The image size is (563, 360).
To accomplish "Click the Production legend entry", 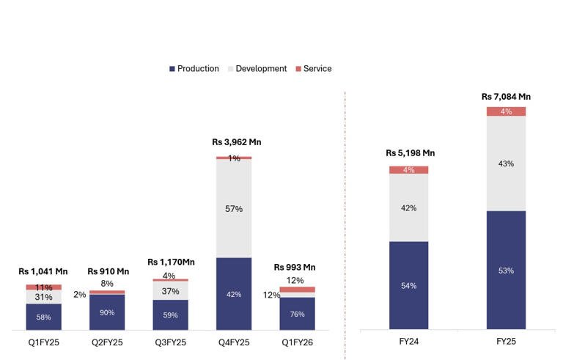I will point(194,69).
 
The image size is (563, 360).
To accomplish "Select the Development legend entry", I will point(257,69).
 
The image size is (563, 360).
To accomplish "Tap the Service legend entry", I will point(313,69).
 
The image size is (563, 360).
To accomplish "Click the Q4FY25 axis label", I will point(234,342).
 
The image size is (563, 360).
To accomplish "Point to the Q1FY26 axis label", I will point(297,342).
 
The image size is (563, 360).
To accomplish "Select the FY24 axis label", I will point(409,342).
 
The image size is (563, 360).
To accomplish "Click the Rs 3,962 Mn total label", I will point(236,142).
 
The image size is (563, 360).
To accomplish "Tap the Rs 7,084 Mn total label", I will point(506,97).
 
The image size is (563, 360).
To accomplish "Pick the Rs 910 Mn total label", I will point(108,272).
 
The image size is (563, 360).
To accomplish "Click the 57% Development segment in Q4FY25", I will point(234,208).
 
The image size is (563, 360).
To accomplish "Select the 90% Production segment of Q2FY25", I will point(107,312).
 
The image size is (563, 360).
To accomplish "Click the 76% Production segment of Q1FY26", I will point(297,313).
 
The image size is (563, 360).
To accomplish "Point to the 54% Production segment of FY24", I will point(409,285).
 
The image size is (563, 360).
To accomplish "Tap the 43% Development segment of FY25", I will point(506,164).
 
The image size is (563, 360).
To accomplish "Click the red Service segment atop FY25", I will point(506,111).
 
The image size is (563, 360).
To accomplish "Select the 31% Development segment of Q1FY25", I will point(44,297).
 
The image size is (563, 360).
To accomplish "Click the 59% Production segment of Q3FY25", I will point(170,315).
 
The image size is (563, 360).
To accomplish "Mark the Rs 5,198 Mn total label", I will point(410,153).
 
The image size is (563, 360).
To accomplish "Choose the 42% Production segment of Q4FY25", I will point(234,294).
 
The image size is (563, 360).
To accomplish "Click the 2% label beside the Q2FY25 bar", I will point(79,295).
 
